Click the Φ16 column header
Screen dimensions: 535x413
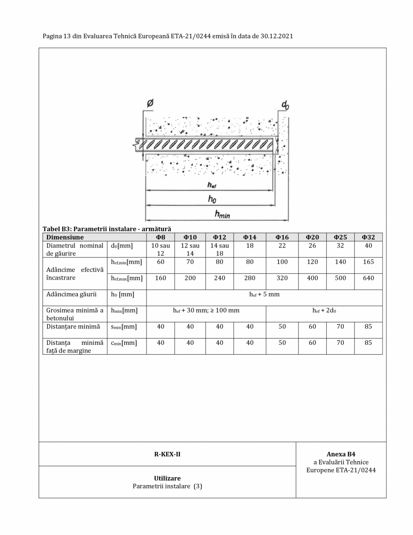pos(282,237)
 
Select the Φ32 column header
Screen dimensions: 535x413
pos(368,237)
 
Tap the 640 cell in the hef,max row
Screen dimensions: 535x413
pos(368,278)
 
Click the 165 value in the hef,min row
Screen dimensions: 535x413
pos(368,262)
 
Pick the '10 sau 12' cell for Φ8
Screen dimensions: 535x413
pos(160,250)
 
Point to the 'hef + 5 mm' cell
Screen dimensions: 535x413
pos(264,294)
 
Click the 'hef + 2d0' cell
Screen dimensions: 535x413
pos(324,310)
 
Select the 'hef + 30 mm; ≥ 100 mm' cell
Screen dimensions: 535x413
pos(206,310)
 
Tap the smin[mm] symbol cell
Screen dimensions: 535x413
pos(124,327)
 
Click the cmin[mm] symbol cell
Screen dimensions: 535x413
pos(124,343)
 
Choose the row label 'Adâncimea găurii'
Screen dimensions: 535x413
pos(71,294)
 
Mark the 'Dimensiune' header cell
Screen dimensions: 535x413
pos(65,237)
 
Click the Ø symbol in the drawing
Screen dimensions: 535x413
pos(150,103)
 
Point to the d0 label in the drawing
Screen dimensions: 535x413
pos(285,105)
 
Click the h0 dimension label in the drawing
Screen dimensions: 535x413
pos(212,199)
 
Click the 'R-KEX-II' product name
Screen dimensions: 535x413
pos(167,454)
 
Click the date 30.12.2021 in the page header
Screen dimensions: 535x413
pos(276,36)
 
